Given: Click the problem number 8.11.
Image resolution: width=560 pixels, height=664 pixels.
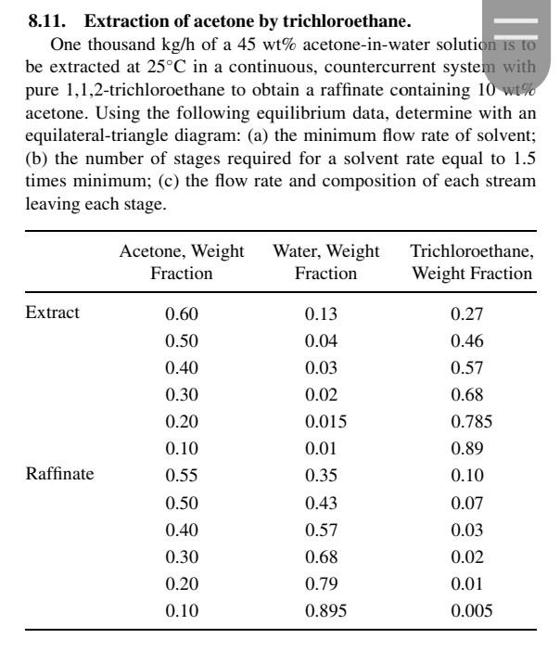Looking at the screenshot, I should [44, 19].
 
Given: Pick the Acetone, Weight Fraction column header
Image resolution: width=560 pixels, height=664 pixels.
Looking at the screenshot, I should [182, 262].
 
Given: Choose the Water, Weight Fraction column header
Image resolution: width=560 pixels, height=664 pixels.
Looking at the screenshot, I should [325, 262].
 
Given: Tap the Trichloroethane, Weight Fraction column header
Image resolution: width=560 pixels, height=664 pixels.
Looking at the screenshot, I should [472, 262].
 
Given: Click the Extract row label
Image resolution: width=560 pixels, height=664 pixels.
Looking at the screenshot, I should [53, 313].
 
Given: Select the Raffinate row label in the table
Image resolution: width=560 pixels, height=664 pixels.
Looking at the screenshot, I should [60, 475].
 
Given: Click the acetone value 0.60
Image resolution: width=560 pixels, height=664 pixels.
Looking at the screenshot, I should [182, 313].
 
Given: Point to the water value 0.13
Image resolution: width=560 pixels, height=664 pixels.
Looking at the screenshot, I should [325, 313].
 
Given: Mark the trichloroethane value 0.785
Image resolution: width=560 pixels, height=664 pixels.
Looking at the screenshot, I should [472, 421].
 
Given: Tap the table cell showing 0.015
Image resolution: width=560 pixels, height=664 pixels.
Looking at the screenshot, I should [325, 421].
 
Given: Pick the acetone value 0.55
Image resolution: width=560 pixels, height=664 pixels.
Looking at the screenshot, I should [182, 476].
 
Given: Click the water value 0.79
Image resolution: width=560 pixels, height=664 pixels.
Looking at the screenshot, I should [325, 583].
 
